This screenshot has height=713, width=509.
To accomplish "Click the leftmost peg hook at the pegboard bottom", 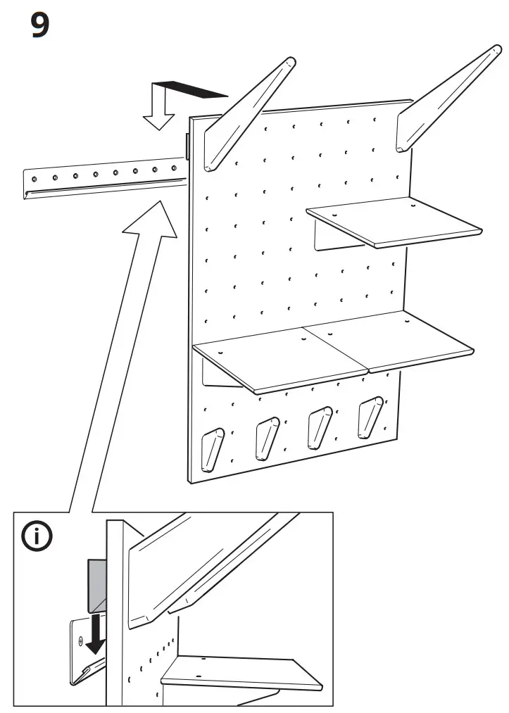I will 210,448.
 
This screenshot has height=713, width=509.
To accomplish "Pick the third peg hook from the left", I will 318,427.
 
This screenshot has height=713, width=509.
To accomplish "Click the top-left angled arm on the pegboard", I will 246,113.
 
